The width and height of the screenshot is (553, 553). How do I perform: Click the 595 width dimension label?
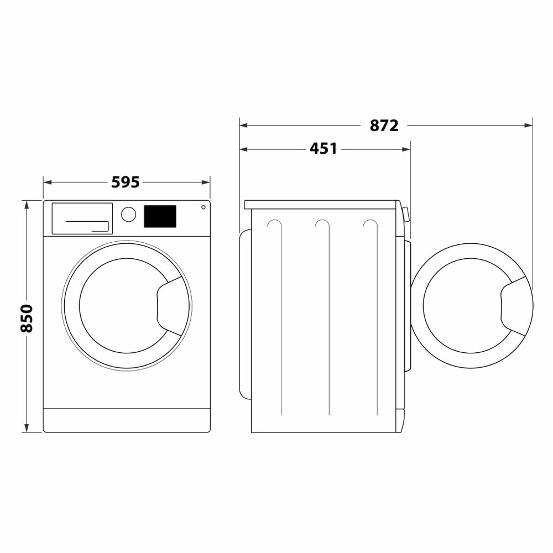(126, 182)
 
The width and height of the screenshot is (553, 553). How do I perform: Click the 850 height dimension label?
(27, 317)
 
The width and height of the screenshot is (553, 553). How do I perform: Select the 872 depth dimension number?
(384, 126)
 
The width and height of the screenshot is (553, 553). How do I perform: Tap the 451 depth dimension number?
(323, 149)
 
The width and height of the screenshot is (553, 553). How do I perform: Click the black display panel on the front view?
(160, 216)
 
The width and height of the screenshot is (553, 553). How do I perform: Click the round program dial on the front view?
(128, 215)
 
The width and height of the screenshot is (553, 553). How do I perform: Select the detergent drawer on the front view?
(82, 218)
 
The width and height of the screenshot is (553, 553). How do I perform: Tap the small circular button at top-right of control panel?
(204, 207)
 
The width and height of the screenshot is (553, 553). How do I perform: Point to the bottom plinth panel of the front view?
(127, 420)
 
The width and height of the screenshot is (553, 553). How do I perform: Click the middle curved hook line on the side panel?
(322, 224)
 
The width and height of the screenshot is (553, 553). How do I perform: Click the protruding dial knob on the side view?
(406, 214)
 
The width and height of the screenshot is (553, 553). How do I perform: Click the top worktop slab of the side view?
(321, 205)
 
